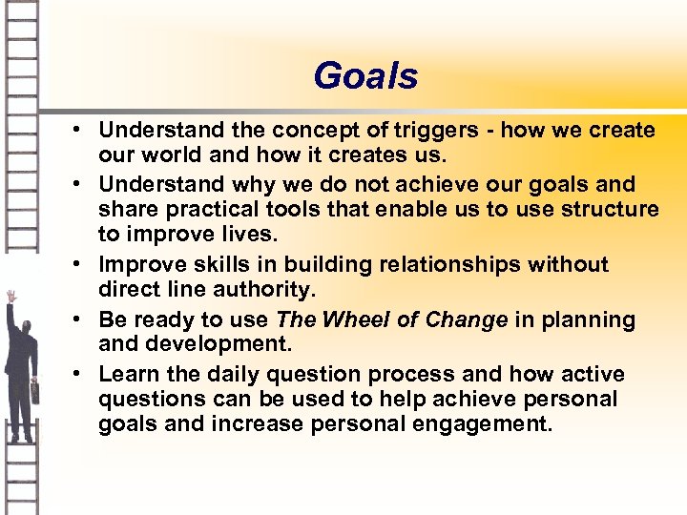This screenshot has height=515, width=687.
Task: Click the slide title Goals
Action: (365, 76)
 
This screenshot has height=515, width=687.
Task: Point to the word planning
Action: (588, 319)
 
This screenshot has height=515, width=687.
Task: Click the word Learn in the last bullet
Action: (125, 374)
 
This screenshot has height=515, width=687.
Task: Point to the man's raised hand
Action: (11, 296)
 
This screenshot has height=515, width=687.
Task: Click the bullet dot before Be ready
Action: (83, 320)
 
